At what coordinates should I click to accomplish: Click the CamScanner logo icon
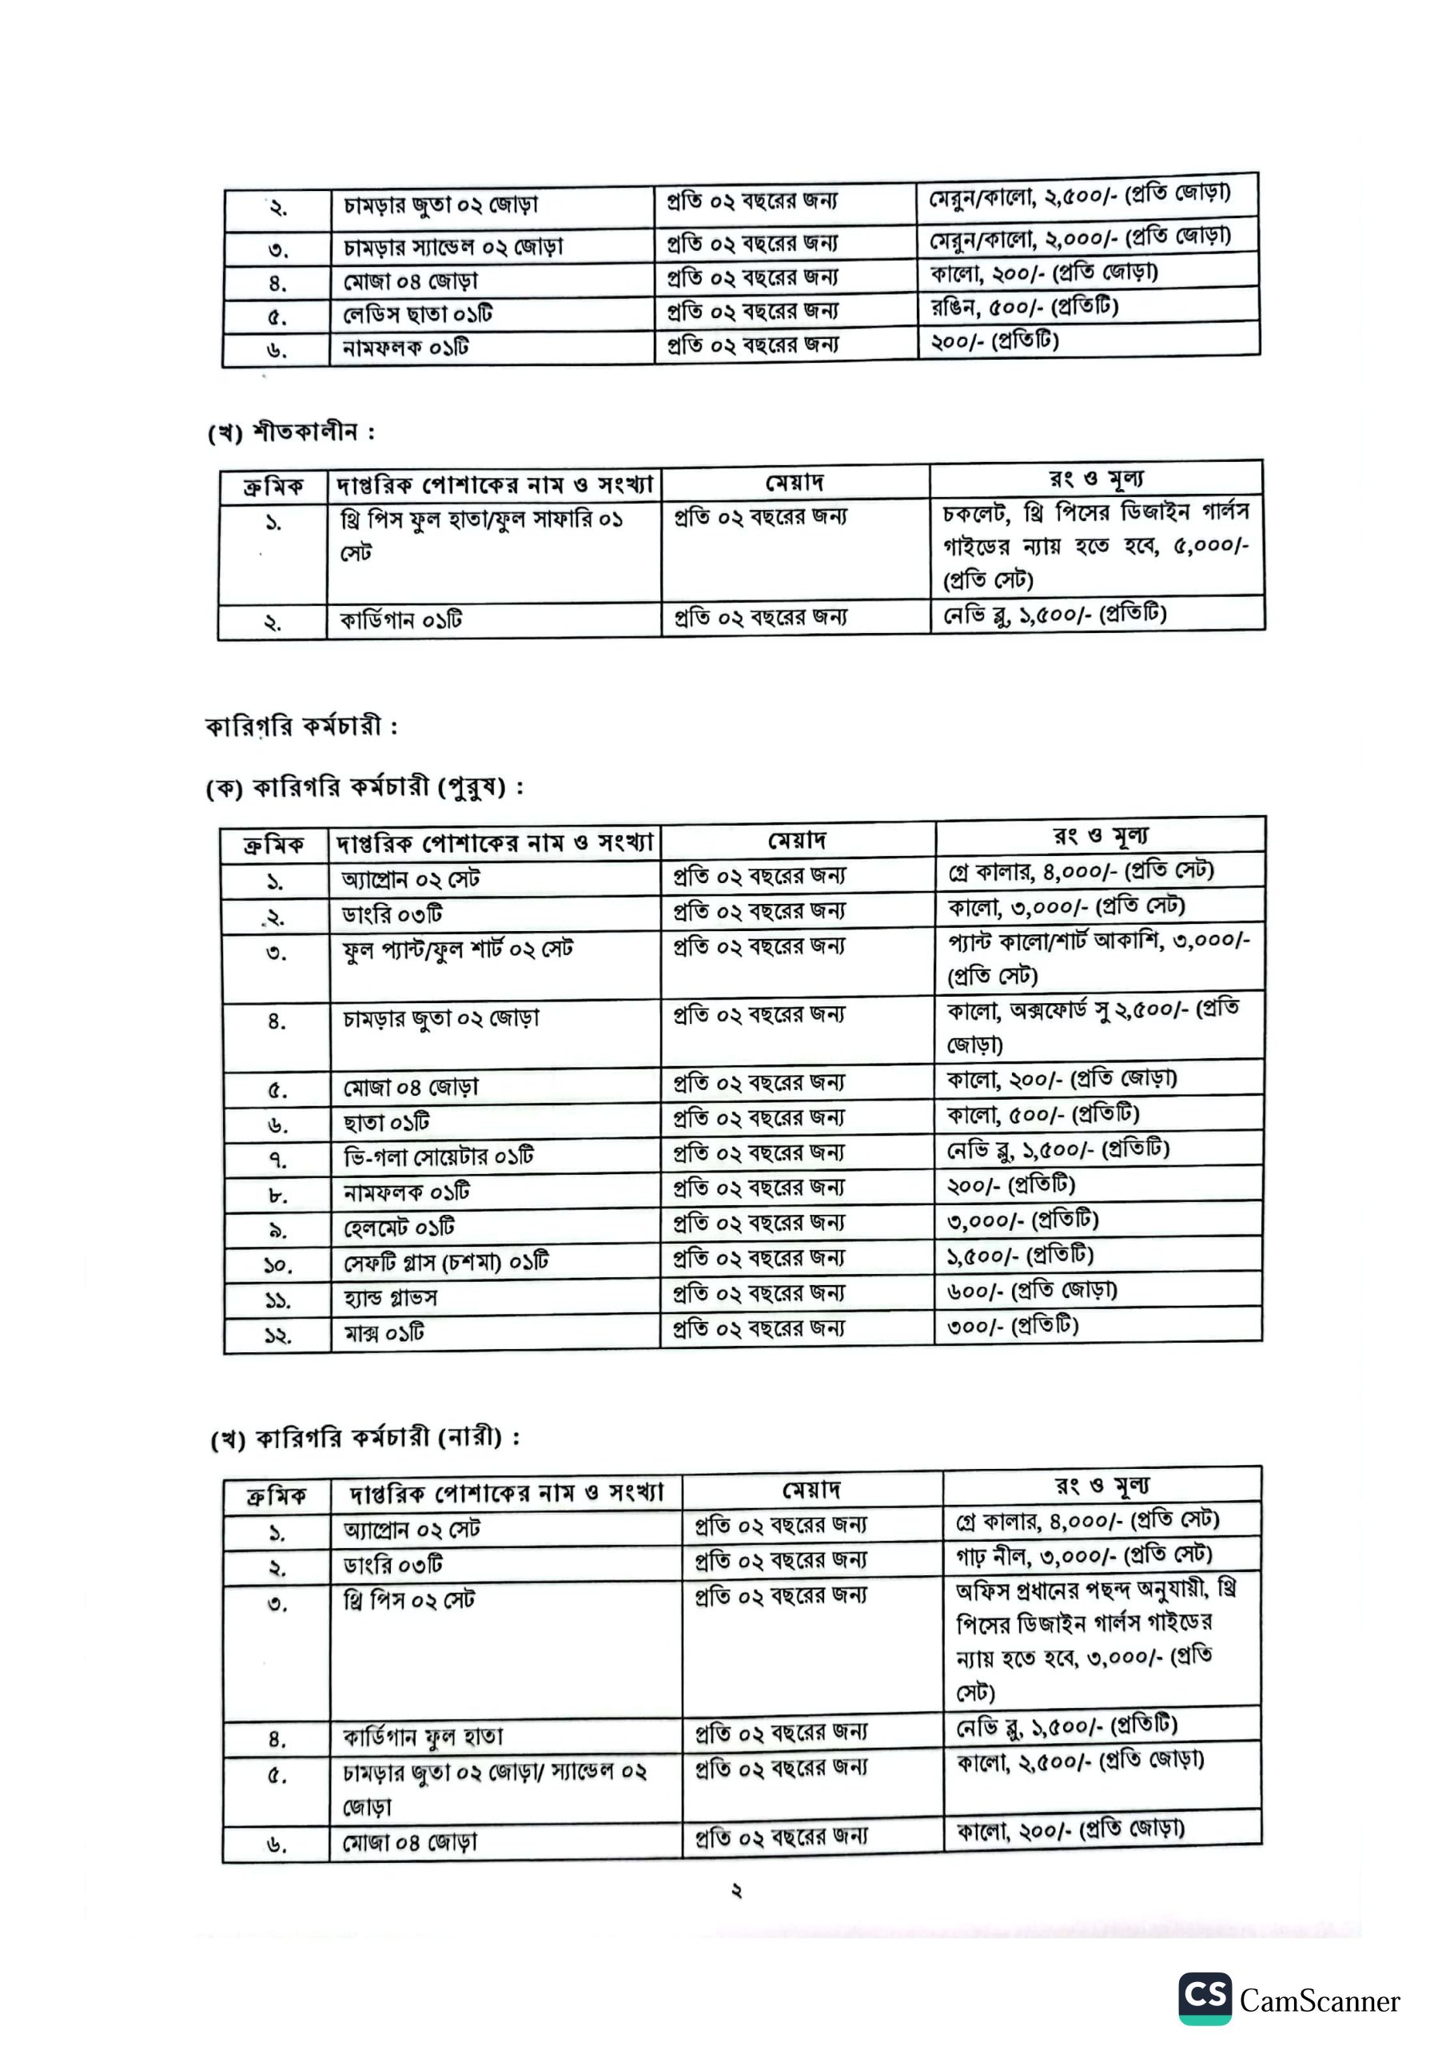click(1205, 1998)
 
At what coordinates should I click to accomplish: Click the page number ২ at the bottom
click(736, 1890)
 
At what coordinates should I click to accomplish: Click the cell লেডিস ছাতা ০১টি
click(417, 315)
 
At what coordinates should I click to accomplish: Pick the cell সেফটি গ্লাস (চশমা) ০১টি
click(446, 1263)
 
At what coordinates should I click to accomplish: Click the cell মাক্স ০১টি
click(384, 1333)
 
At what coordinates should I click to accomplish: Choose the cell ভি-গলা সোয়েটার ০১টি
click(438, 1156)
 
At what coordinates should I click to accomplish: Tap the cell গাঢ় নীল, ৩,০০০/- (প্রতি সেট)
click(1083, 1555)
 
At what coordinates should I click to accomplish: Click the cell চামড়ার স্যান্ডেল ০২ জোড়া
click(453, 246)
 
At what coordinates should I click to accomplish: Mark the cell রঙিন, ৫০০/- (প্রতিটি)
click(1023, 308)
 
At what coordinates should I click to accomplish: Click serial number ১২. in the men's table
click(277, 1335)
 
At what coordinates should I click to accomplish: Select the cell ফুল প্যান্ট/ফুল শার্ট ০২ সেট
click(457, 950)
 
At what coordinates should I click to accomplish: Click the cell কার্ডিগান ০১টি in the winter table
click(400, 620)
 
